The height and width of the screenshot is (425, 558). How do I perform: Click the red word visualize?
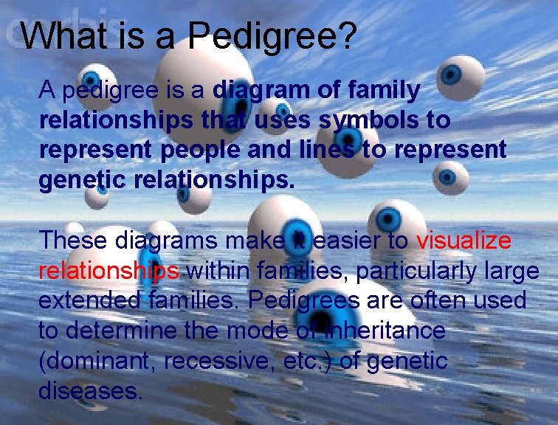click(464, 241)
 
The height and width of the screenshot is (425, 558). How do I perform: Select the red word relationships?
click(108, 271)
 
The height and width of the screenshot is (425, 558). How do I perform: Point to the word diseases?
click(89, 390)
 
